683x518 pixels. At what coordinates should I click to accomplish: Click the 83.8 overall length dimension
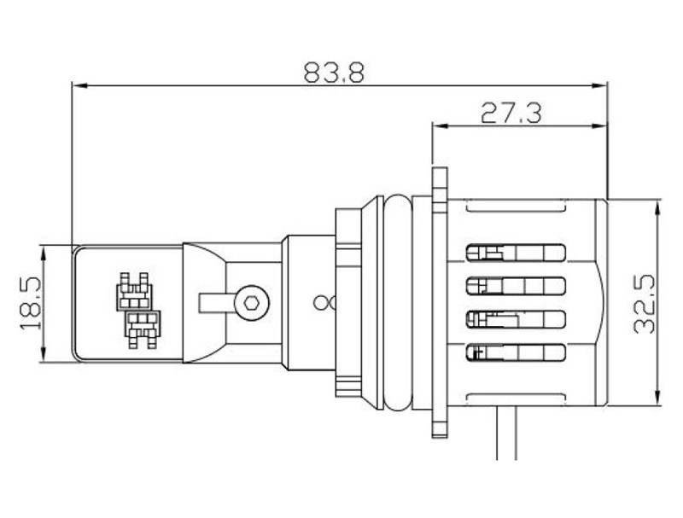click(x=334, y=73)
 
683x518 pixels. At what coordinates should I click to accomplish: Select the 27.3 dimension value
click(x=511, y=113)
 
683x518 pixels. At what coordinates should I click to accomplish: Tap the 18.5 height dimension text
click(x=31, y=304)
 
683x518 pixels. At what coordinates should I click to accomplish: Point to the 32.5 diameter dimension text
click(x=645, y=304)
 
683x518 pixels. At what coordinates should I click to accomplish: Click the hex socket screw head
click(x=251, y=303)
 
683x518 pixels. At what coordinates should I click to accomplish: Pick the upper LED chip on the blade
click(x=135, y=292)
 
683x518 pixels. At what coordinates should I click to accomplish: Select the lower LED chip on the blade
click(x=143, y=329)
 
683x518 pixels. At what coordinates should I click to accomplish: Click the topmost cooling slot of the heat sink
click(x=516, y=253)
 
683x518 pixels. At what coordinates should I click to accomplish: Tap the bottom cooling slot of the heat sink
click(x=516, y=352)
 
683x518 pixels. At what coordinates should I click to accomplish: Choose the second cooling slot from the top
click(x=516, y=286)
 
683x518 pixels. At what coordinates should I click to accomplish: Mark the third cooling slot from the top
click(x=516, y=319)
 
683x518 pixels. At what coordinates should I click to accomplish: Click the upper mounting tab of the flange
click(x=440, y=182)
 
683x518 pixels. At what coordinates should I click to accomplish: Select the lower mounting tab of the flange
click(x=440, y=422)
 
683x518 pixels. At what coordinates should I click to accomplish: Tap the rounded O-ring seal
click(x=398, y=303)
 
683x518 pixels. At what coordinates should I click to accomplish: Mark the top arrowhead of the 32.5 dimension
click(x=657, y=207)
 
